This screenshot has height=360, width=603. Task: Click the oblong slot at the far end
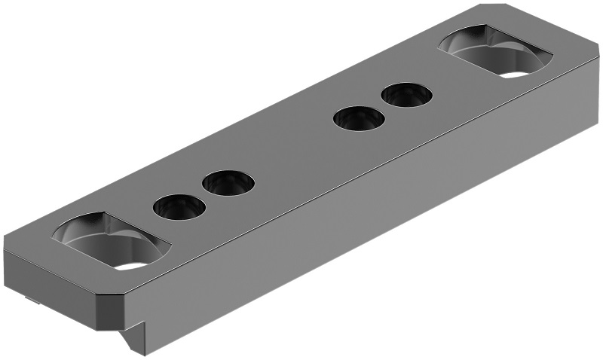(495, 53)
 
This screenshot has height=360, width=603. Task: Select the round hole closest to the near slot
(179, 207)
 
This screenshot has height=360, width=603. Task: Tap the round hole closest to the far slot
(407, 95)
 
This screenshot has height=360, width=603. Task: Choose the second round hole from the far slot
(359, 119)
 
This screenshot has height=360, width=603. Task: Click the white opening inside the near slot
(131, 264)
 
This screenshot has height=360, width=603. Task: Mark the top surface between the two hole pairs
(294, 151)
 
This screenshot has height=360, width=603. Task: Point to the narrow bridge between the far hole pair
(383, 107)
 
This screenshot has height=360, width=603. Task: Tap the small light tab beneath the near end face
(32, 301)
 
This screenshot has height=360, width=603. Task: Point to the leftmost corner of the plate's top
(6, 245)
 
